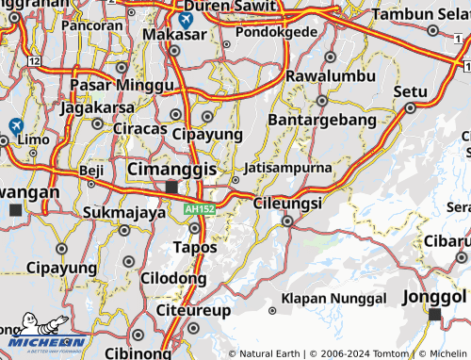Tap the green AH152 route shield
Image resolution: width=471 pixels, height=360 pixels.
click(200, 208)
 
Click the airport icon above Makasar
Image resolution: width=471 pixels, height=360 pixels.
click(186, 18)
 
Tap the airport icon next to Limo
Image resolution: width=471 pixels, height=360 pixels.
click(16, 125)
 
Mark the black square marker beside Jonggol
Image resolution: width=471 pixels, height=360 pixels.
click(435, 313)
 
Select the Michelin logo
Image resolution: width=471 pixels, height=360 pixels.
click(44, 340)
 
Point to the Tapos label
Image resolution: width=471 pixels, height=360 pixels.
click(195, 247)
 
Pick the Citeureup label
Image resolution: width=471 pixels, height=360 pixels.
click(192, 308)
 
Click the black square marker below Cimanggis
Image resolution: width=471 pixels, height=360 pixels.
click(171, 187)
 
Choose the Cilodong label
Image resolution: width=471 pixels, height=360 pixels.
click(173, 278)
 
